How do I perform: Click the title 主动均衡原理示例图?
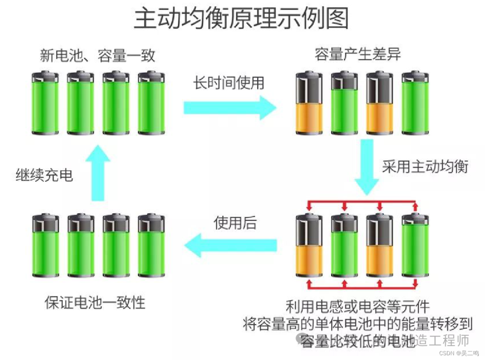(x=242, y=19)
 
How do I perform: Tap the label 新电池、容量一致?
(x=97, y=56)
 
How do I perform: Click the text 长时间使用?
(x=229, y=83)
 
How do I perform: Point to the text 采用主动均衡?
(x=425, y=167)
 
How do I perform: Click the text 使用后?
(x=235, y=223)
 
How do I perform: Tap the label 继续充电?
(x=44, y=175)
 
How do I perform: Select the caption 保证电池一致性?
(x=95, y=302)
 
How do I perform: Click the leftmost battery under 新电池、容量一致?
(x=45, y=103)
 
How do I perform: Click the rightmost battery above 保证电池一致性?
(x=151, y=246)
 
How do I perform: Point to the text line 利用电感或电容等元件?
(x=357, y=307)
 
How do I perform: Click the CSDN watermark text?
(x=458, y=353)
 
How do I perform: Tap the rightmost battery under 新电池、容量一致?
(x=151, y=103)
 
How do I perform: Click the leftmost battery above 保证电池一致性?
(x=45, y=246)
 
